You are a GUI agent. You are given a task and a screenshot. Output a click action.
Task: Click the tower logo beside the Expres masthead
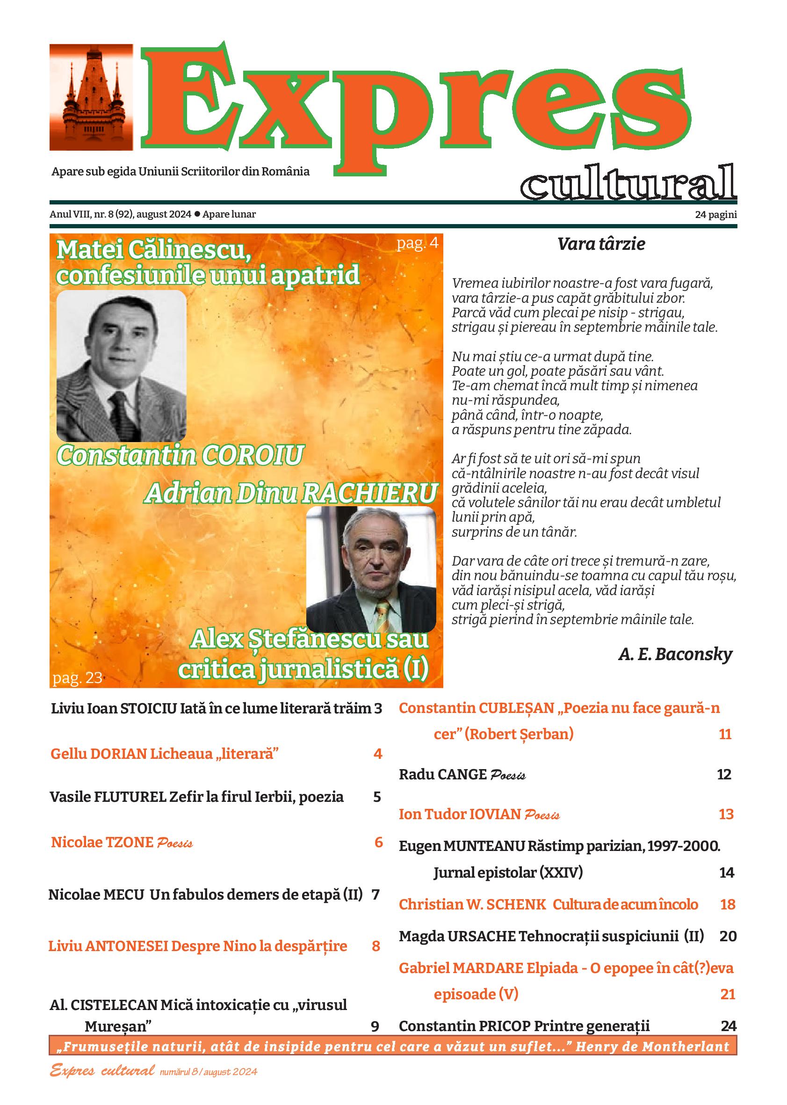[x=91, y=97]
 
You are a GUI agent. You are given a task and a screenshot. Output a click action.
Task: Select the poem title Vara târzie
[x=601, y=244]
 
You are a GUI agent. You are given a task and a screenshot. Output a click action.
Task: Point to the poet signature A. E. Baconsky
[x=675, y=654]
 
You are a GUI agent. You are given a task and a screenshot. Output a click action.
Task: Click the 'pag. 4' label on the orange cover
[x=417, y=243]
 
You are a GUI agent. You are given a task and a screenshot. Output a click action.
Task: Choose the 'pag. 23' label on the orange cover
[x=77, y=677]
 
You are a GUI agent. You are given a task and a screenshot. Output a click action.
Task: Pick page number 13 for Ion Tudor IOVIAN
[x=725, y=814]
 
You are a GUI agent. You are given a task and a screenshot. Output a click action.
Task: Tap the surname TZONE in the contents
[x=131, y=842]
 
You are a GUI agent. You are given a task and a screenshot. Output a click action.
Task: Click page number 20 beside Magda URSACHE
[x=728, y=936]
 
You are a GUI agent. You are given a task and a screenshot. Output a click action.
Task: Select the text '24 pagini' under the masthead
[x=716, y=215]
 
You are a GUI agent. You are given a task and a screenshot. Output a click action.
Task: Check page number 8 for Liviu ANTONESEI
[x=376, y=946]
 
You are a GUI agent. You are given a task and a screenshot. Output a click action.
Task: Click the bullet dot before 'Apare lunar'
[x=197, y=214]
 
